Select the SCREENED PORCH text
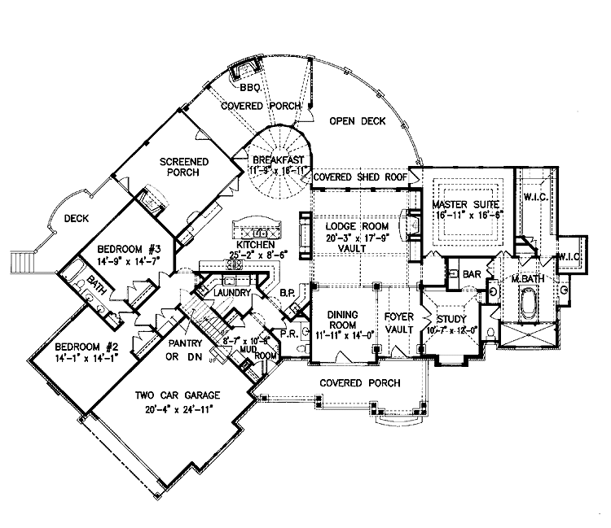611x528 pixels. (x=183, y=166)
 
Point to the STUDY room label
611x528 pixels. (x=450, y=318)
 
